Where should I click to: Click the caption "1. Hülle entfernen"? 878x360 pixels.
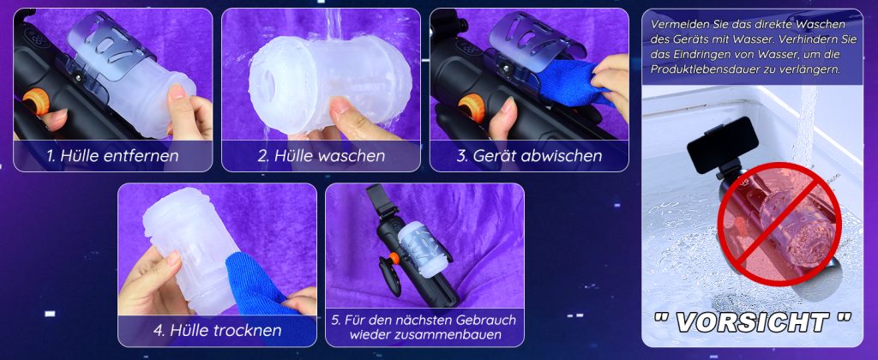[x=112, y=155]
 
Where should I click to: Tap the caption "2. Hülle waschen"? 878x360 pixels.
[x=321, y=155]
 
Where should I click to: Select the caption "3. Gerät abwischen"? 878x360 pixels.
[x=529, y=155]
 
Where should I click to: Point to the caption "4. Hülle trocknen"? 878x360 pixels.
[x=217, y=330]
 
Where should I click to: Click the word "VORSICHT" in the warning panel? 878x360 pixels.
[x=752, y=322]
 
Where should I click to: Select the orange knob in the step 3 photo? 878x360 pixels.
[x=472, y=106]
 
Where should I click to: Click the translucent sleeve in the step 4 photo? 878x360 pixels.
[x=188, y=252]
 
